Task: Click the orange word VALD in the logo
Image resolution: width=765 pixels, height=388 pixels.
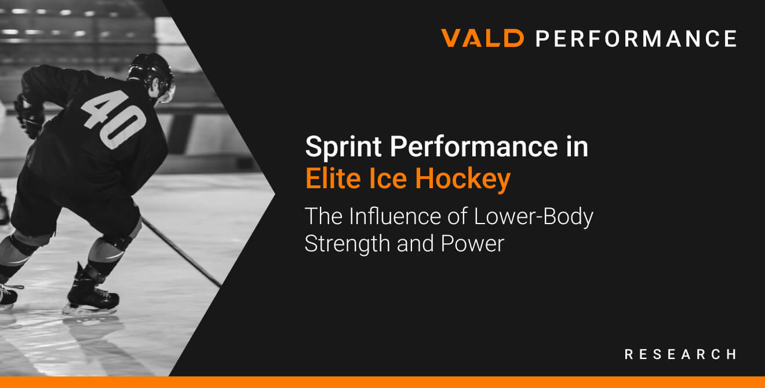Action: pyautogui.click(x=482, y=39)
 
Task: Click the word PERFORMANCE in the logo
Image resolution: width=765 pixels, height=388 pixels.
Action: pyautogui.click(x=636, y=39)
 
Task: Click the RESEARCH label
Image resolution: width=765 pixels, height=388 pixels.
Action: pyautogui.click(x=680, y=354)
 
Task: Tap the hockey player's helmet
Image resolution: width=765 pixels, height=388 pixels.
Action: pyautogui.click(x=151, y=72)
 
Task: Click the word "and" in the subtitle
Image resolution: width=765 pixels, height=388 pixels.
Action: pyautogui.click(x=416, y=244)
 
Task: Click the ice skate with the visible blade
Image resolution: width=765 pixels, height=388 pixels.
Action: pyautogui.click(x=93, y=298)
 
